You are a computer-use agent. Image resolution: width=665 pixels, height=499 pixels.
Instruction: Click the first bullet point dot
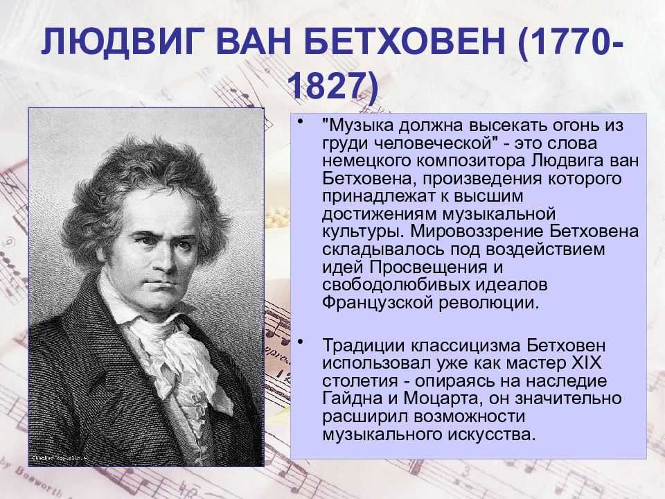click(x=301, y=122)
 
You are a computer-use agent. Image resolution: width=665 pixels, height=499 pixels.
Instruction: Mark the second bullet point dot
click(x=301, y=342)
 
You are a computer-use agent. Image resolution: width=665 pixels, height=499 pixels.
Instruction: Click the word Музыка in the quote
click(x=360, y=125)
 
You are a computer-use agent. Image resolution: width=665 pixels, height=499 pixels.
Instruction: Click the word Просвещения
click(x=428, y=268)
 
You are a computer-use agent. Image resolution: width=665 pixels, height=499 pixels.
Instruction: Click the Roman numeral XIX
click(x=587, y=363)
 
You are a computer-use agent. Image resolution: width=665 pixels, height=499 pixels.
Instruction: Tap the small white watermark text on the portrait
click(x=60, y=458)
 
